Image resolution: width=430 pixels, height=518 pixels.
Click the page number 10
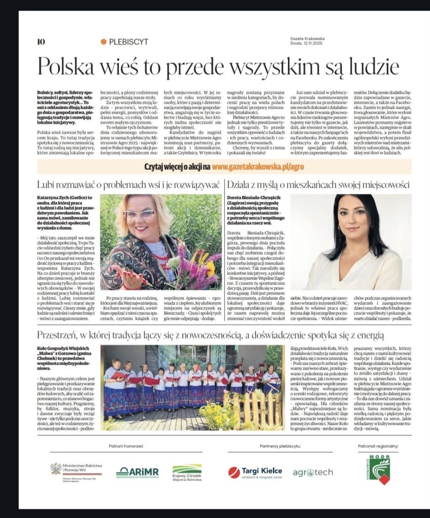[41, 41]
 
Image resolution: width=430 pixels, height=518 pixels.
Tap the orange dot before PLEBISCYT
[104, 42]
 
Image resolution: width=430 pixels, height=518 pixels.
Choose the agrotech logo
[313, 472]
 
